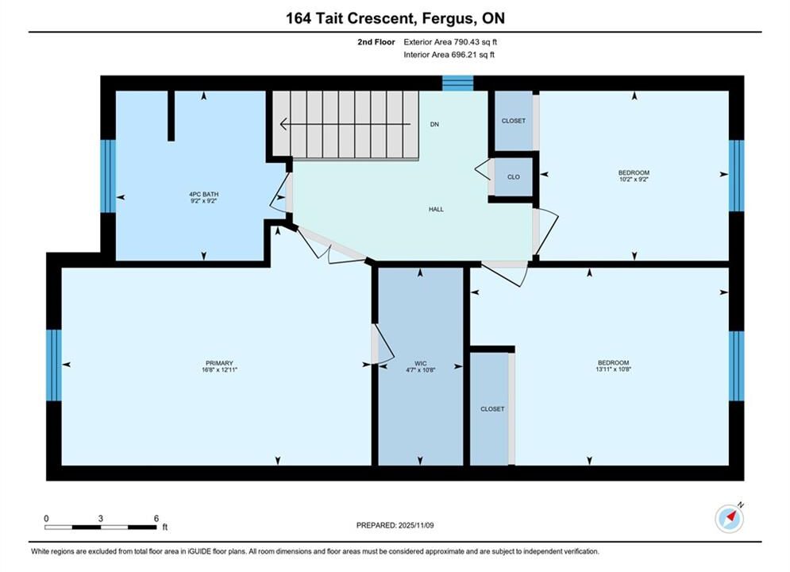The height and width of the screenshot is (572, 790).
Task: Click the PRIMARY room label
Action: click(x=219, y=363)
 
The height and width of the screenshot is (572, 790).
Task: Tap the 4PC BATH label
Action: click(x=203, y=194)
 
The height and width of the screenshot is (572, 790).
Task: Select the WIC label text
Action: click(x=421, y=363)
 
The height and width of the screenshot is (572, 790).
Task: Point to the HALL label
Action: click(x=437, y=209)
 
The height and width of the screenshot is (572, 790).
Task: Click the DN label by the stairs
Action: click(x=434, y=124)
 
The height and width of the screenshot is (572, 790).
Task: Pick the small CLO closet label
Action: click(x=514, y=177)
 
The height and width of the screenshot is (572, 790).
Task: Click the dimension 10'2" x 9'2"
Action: click(x=634, y=179)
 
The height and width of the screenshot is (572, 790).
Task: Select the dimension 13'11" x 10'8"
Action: click(x=613, y=369)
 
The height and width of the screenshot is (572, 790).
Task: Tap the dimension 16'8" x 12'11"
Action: click(x=219, y=369)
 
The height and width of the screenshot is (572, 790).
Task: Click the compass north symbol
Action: click(x=730, y=517)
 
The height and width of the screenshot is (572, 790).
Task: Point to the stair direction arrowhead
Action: click(x=283, y=123)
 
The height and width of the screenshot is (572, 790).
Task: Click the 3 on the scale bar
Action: click(x=101, y=518)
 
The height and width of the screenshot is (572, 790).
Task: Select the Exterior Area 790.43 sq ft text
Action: click(x=450, y=42)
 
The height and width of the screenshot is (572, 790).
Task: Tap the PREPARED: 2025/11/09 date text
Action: click(x=395, y=525)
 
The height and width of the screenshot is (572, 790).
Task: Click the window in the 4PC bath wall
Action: click(x=108, y=176)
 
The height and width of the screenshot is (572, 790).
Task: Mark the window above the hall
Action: click(x=458, y=83)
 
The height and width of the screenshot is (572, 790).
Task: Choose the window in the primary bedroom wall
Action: click(x=54, y=365)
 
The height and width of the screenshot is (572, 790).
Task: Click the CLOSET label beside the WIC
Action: click(x=492, y=409)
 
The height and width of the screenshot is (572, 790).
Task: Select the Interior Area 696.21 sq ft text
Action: click(x=449, y=55)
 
